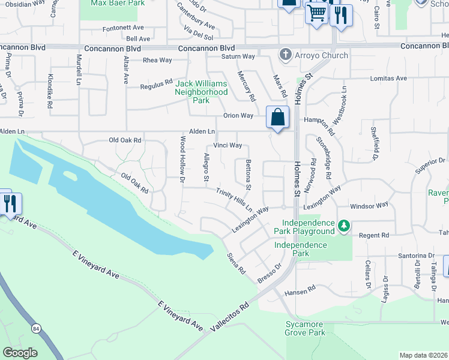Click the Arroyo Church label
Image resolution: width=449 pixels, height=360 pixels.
(x=321, y=56)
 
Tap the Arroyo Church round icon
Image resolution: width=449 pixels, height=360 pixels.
(x=286, y=56)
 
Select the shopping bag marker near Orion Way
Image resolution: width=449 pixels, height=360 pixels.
(x=277, y=118)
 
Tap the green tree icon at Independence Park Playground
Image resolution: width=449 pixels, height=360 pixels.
(x=343, y=226)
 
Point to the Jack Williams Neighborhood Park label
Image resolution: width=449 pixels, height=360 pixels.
(x=201, y=92)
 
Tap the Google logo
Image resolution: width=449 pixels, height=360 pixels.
(x=20, y=353)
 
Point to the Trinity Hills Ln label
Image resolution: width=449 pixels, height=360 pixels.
(x=235, y=199)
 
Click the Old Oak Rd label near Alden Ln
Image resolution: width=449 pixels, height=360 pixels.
(x=124, y=140)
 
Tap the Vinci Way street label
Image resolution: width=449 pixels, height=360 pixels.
(x=228, y=145)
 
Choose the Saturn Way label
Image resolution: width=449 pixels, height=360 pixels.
(x=240, y=56)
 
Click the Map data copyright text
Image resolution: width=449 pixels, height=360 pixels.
(x=423, y=355)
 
